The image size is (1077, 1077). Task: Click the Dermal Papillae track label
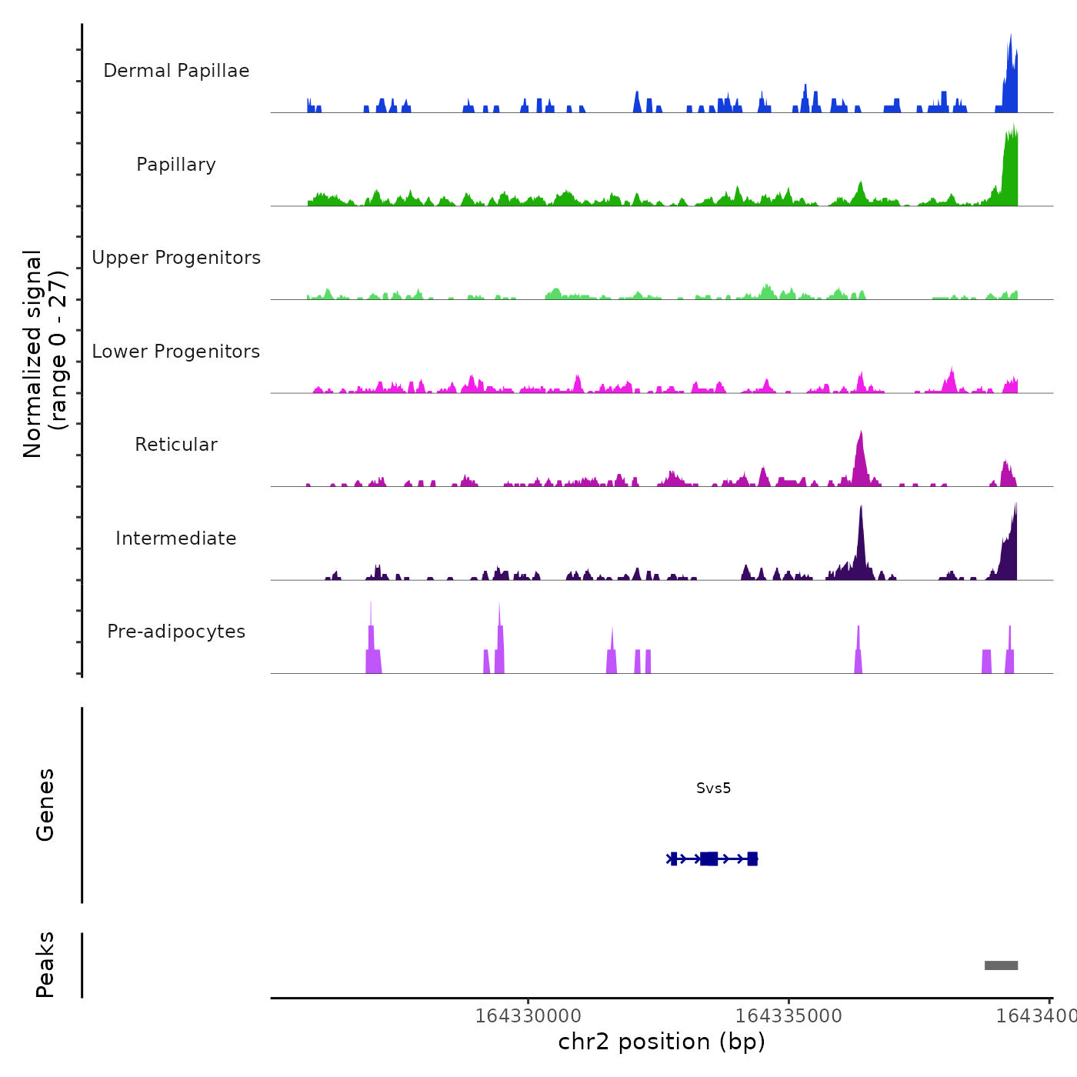[x=176, y=71]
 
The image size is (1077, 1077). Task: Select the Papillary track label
[x=176, y=165]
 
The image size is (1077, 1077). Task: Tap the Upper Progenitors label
[x=176, y=258]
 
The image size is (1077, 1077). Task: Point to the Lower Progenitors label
[x=176, y=352]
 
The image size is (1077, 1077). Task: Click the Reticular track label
[x=176, y=445]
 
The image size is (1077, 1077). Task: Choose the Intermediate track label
[x=176, y=538]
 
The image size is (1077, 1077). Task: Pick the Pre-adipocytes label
[x=176, y=632]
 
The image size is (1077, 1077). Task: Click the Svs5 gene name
[x=713, y=789]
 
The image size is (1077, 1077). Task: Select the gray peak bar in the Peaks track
[x=1001, y=965]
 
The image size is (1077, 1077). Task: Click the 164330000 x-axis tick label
[x=528, y=1016]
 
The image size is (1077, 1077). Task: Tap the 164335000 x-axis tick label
[x=789, y=1016]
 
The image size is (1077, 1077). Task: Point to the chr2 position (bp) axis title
[x=662, y=1042]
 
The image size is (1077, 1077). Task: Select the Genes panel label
[x=45, y=805]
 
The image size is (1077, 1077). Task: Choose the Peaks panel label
[x=45, y=965]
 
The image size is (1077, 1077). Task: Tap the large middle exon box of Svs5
[x=709, y=859]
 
